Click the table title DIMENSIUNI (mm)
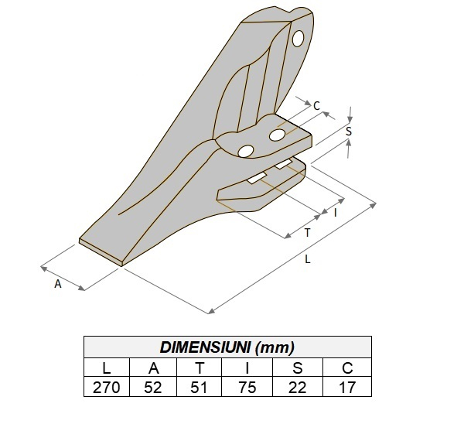click(x=227, y=347)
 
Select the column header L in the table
click(x=107, y=367)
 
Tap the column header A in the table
click(x=153, y=367)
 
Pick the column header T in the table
click(x=200, y=367)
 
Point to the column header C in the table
click(x=346, y=367)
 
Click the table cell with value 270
click(x=107, y=386)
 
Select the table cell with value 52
click(x=153, y=386)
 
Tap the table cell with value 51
click(x=200, y=386)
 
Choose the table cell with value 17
click(x=346, y=386)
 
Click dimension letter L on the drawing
click(x=307, y=260)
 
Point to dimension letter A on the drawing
click(x=57, y=284)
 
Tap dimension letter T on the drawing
click(x=307, y=232)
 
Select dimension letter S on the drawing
click(x=349, y=132)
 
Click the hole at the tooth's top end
click(x=299, y=38)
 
